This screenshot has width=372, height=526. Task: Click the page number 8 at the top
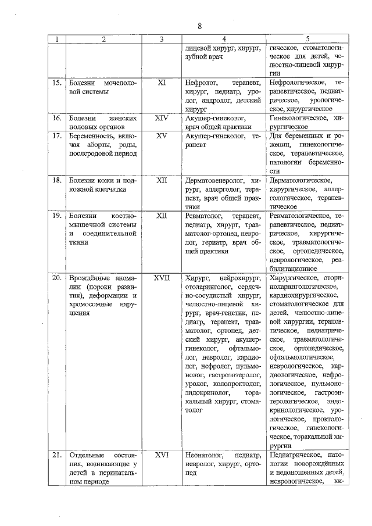pyautogui.click(x=199, y=26)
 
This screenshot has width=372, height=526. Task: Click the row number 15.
pyautogui.click(x=57, y=83)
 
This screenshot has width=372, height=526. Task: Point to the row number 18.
pyautogui.click(x=57, y=181)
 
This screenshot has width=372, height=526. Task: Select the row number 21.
pyautogui.click(x=57, y=455)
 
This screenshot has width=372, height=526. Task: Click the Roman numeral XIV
pyautogui.click(x=162, y=118)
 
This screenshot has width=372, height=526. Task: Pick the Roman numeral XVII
pyautogui.click(x=162, y=278)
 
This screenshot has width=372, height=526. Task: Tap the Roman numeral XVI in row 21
pyautogui.click(x=162, y=455)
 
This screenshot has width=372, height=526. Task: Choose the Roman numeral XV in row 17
pyautogui.click(x=162, y=135)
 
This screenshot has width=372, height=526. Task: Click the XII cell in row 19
pyautogui.click(x=162, y=216)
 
